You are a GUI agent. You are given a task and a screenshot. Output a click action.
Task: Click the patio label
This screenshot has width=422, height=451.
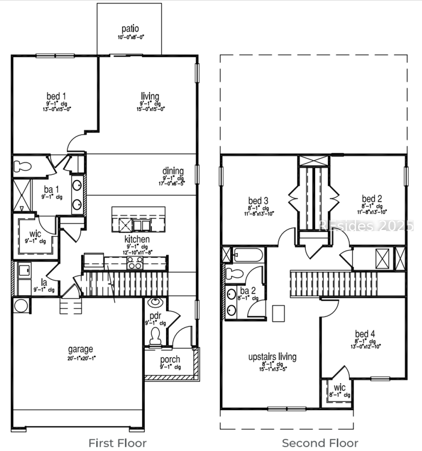tap(130, 29)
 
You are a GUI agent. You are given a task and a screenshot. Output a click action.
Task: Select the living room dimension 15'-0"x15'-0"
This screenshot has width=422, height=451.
tap(150, 109)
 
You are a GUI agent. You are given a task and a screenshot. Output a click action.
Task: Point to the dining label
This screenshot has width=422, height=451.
tap(173, 171)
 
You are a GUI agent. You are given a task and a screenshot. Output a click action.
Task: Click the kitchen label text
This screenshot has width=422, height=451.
tap(137, 240)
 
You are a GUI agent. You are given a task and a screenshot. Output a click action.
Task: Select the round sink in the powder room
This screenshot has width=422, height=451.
tap(155, 302)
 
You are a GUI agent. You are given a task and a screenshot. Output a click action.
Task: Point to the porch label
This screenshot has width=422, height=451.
tap(170, 360)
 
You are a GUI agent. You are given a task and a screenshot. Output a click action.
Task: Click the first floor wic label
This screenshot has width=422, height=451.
tap(35, 233)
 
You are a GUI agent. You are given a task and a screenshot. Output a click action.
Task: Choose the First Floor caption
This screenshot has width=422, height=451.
tap(117, 443)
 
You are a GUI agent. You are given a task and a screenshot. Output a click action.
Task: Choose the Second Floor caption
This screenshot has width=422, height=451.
tap(320, 443)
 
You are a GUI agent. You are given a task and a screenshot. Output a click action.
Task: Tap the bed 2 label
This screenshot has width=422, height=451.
tap(371, 199)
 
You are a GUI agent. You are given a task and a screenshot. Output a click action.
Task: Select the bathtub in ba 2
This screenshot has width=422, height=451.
tap(247, 256)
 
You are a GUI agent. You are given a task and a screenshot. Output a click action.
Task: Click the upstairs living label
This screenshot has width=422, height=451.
tap(272, 357)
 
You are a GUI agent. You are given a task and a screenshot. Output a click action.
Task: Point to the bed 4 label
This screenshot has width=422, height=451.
tap(365, 334)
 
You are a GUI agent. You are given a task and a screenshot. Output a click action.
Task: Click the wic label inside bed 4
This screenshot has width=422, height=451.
tap(339, 388)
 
